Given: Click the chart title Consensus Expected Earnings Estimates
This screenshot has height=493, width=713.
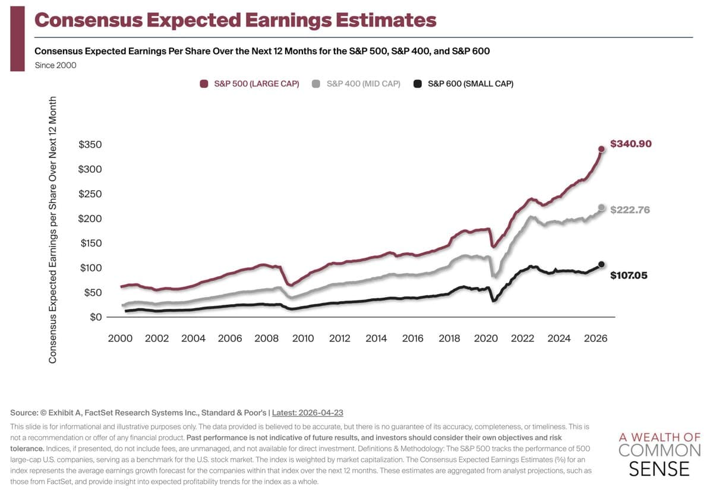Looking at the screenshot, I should click(235, 20).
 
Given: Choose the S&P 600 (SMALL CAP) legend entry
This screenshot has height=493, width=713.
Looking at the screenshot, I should click(463, 84).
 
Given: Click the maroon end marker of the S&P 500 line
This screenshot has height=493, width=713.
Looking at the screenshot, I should click(601, 149).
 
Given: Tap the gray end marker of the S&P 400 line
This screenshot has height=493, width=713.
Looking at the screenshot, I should click(601, 208).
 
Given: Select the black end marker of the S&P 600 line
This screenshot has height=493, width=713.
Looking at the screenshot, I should click(601, 264).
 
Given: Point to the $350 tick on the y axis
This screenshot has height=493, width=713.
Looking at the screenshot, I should click(90, 145).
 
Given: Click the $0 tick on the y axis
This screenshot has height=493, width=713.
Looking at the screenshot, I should click(96, 317).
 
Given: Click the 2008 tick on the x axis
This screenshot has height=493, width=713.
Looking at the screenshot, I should click(266, 339).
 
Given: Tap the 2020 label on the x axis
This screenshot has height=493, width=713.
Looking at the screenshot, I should click(485, 339).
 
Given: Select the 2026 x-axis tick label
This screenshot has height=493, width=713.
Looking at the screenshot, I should click(595, 339).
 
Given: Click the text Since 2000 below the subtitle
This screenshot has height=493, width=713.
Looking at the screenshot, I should click(55, 65).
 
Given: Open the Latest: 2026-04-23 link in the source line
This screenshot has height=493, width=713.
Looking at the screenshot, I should click(308, 413).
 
